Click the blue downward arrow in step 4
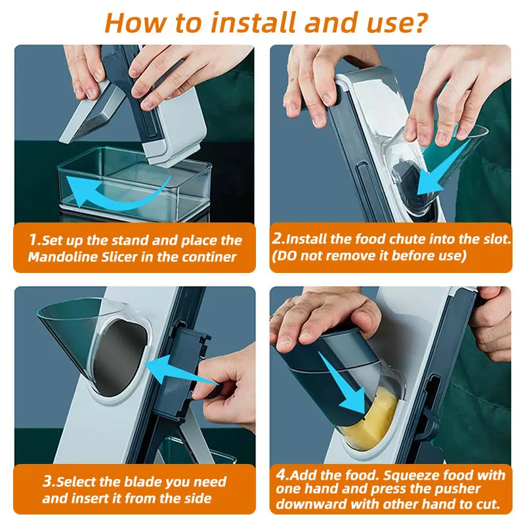[345, 383]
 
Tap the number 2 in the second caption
[278, 238]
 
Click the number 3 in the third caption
[48, 481]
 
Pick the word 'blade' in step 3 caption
[142, 482]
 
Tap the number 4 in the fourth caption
[282, 474]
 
